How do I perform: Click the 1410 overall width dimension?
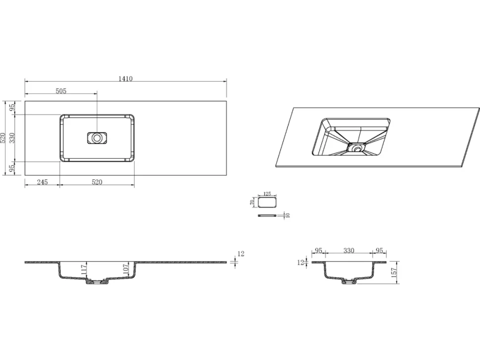(126, 79)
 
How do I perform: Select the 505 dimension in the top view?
(61, 91)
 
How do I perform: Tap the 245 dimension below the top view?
(42, 182)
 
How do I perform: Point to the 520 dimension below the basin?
(96, 182)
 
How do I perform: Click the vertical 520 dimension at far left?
(3, 138)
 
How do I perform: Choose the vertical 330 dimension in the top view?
(12, 138)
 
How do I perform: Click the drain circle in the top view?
(96, 138)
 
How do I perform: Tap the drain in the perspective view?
(357, 149)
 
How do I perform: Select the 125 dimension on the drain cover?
(267, 194)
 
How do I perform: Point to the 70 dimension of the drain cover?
(252, 202)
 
